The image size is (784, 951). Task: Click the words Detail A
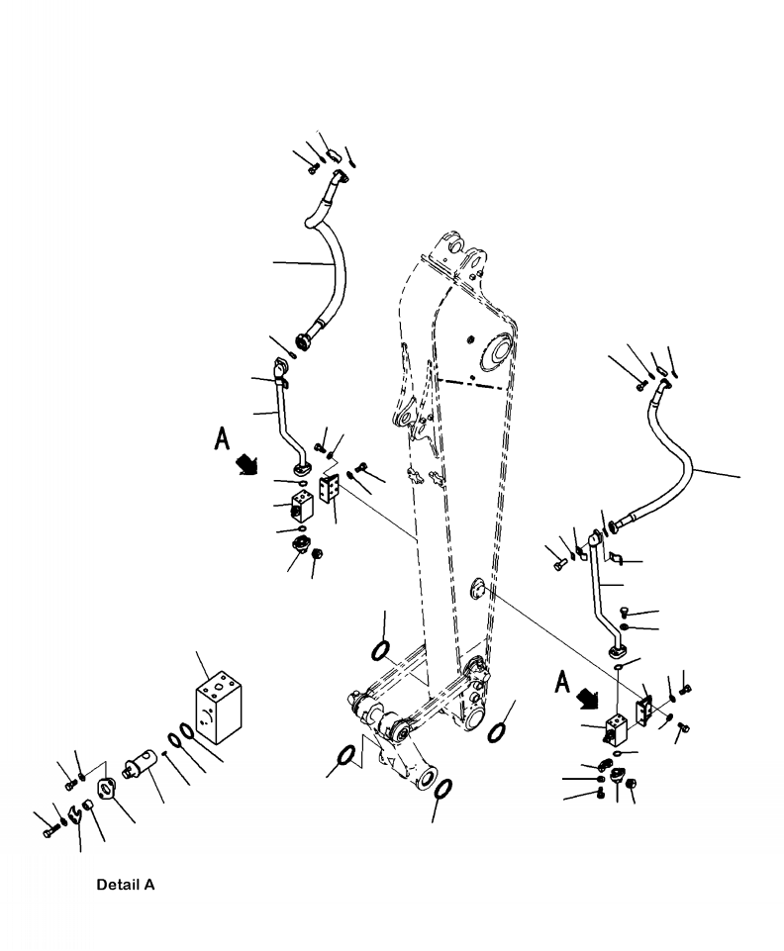(125, 884)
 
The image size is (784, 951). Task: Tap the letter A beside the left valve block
(224, 439)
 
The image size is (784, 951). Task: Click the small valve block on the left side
(301, 505)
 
